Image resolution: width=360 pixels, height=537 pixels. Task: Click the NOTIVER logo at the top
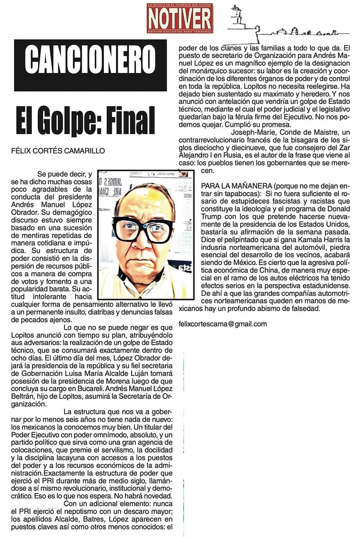[180, 18]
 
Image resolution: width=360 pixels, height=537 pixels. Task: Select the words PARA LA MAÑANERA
[236, 186]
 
